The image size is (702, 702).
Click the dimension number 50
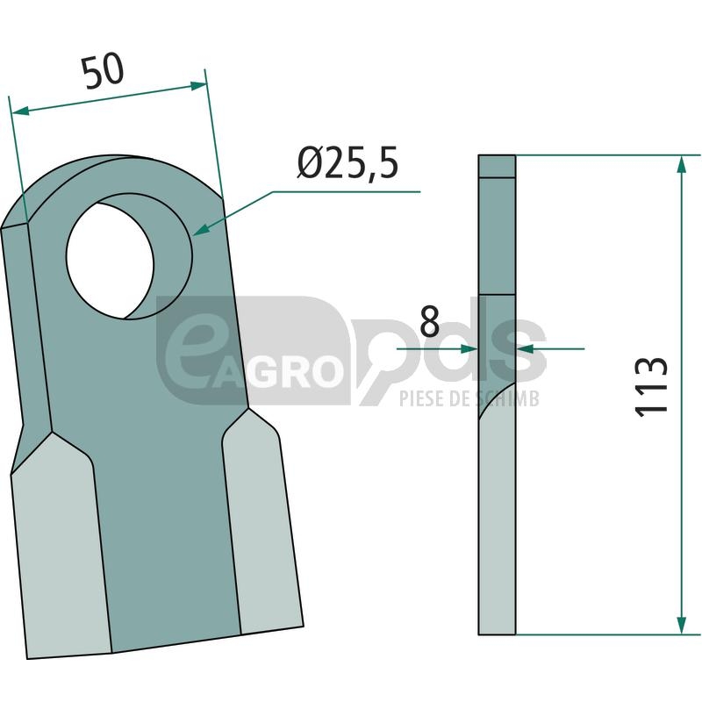103,71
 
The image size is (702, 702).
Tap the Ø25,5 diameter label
347,163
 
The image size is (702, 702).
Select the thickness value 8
430,322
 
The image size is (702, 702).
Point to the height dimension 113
651,387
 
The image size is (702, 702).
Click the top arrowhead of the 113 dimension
682,164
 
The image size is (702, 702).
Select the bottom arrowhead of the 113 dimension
682,626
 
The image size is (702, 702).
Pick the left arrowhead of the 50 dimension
19,111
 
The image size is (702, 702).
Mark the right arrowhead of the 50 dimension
199,85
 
